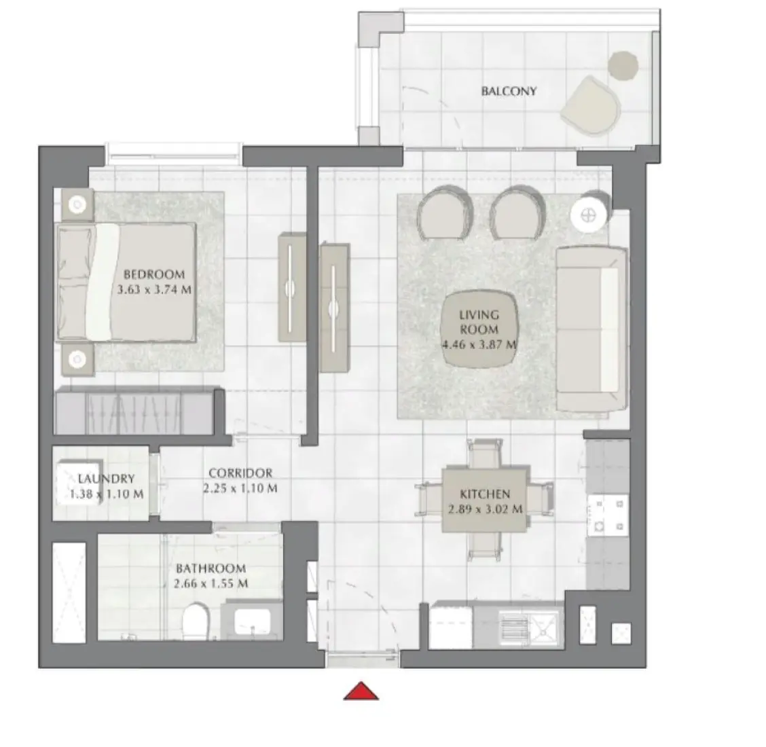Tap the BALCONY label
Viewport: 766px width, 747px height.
509,90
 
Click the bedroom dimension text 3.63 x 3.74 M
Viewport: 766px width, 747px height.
154,289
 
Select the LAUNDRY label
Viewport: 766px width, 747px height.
106,478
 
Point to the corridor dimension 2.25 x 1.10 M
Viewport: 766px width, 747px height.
240,488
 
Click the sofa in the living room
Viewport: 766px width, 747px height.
590,329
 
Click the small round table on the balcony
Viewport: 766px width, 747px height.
622,65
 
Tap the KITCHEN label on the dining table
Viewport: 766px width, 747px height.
484,494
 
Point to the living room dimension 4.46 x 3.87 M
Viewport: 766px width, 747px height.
479,344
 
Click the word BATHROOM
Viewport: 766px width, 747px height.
211,568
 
